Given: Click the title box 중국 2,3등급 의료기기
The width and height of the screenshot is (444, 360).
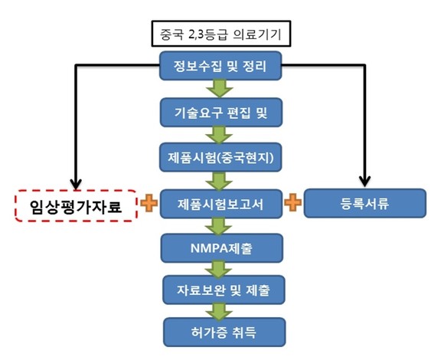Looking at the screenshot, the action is (221, 34).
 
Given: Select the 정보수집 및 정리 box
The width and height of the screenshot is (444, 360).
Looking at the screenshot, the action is (220, 66).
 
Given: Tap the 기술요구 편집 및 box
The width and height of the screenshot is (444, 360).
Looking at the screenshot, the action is (221, 113).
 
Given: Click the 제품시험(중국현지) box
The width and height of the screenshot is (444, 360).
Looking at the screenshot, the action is (220, 157).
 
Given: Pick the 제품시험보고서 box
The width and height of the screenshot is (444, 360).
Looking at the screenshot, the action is (221, 204).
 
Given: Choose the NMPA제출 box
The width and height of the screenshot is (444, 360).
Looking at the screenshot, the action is (222, 248).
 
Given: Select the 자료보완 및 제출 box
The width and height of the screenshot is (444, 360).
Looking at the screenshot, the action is (224, 290).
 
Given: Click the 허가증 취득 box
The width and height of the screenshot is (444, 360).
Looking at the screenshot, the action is (224, 332).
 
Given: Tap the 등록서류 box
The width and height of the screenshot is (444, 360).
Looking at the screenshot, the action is (365, 203).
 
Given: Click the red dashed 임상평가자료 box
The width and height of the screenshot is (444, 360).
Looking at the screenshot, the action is (77, 205).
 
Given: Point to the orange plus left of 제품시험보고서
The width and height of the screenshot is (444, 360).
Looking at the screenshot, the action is (149, 203).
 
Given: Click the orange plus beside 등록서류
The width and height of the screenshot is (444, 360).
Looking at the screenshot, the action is (292, 202).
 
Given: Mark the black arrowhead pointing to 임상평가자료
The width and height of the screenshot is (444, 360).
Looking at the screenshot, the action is (76, 184).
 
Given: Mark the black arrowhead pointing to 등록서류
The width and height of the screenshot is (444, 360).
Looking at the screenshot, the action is (364, 182).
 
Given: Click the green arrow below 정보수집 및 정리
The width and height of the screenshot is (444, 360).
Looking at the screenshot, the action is (220, 88).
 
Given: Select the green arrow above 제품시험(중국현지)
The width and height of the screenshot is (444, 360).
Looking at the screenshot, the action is (219, 135).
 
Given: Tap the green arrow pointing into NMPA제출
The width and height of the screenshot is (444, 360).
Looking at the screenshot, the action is (219, 226).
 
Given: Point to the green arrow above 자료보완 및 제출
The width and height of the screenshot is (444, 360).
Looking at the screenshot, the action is (219, 270).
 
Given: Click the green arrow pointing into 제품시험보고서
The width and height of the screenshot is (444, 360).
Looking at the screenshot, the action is (219, 182).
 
